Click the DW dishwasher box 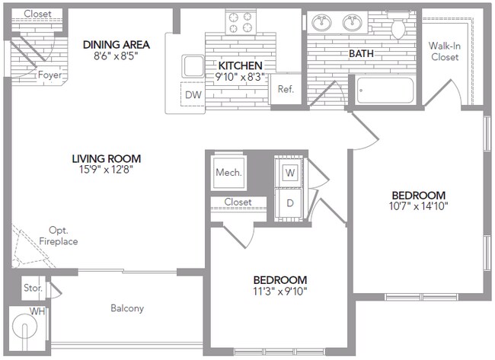point(192,94)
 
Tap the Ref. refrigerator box point(286,89)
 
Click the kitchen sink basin point(193,65)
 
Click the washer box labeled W point(290,172)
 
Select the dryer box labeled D point(290,203)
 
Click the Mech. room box point(228,173)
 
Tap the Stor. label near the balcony point(31,288)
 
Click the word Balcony point(127,308)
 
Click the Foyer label point(50,75)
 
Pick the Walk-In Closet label point(444,51)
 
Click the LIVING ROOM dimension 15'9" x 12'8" point(107,170)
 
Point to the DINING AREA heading point(116,44)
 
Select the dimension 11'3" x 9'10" point(279,291)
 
